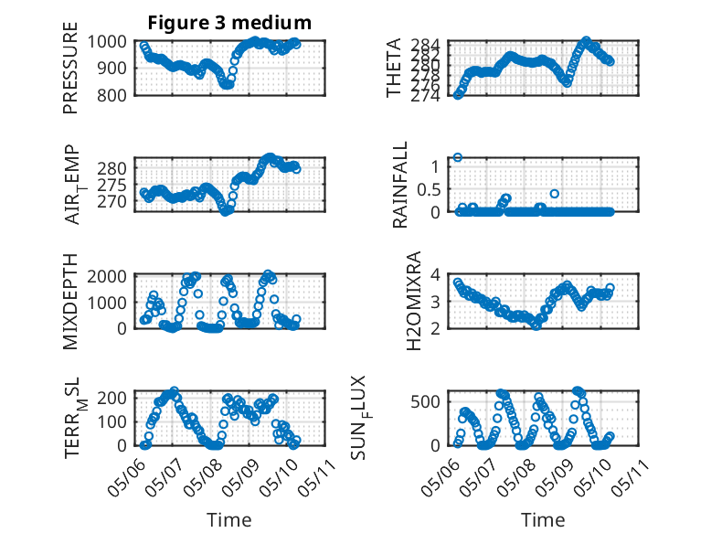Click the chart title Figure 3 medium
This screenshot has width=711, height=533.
click(229, 22)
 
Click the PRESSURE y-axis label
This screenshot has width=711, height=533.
click(70, 68)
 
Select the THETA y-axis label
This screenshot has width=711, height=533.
click(394, 68)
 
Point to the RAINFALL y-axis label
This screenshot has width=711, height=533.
click(400, 185)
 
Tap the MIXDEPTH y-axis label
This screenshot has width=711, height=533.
click(70, 301)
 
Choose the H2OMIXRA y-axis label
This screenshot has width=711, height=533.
click(414, 301)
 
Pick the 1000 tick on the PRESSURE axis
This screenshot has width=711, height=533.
click(107, 42)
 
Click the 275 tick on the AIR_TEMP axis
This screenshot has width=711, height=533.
click(111, 185)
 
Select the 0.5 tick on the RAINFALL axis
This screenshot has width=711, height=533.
click(429, 189)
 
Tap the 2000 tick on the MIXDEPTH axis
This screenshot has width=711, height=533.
click(107, 276)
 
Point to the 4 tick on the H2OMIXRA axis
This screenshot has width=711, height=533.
click(435, 274)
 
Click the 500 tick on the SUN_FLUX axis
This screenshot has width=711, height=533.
click(425, 401)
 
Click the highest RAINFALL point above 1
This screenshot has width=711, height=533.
click(458, 157)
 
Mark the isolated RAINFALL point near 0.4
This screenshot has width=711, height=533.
click(554, 194)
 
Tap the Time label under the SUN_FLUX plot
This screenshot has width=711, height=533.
click(543, 519)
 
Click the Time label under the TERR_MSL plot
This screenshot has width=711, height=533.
click(229, 519)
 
